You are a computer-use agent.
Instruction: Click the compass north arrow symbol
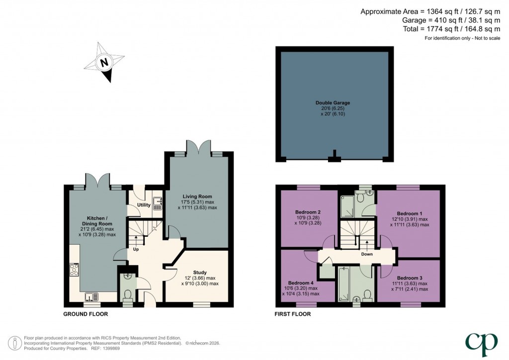[104, 63]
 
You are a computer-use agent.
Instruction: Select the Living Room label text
[197, 196]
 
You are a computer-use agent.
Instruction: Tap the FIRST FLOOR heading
[293, 314]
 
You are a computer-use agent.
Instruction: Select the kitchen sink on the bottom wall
[92, 297]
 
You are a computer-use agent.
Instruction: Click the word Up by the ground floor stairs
[135, 249]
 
